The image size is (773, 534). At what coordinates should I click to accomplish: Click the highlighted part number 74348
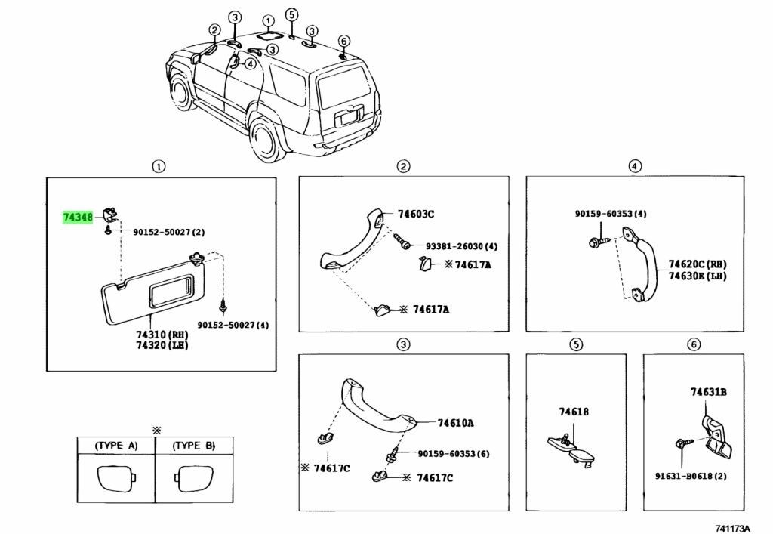click(77, 218)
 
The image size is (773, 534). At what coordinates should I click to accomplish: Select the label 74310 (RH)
click(162, 334)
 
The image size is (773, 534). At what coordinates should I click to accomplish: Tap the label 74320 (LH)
click(162, 345)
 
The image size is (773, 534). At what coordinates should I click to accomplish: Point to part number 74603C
click(416, 215)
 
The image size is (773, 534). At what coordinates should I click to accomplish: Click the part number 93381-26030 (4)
click(461, 246)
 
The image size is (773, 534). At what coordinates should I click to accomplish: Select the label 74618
click(574, 412)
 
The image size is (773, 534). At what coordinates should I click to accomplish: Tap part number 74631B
click(708, 392)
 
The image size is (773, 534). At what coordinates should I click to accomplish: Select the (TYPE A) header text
click(116, 446)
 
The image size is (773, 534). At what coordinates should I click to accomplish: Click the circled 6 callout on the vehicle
click(344, 41)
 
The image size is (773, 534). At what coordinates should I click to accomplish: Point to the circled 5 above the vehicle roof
click(292, 14)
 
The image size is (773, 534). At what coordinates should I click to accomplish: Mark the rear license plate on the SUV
click(348, 119)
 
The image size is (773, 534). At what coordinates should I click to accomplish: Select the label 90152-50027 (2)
click(169, 233)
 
